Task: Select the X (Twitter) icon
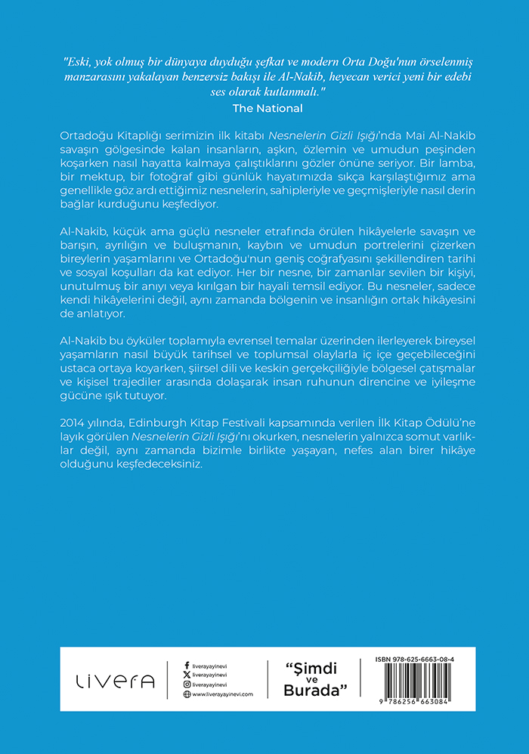tap(187, 675)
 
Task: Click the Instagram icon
tap(187, 684)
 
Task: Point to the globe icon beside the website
tap(187, 694)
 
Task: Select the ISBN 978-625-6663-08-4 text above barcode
tap(419, 660)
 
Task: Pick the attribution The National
tap(264, 108)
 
